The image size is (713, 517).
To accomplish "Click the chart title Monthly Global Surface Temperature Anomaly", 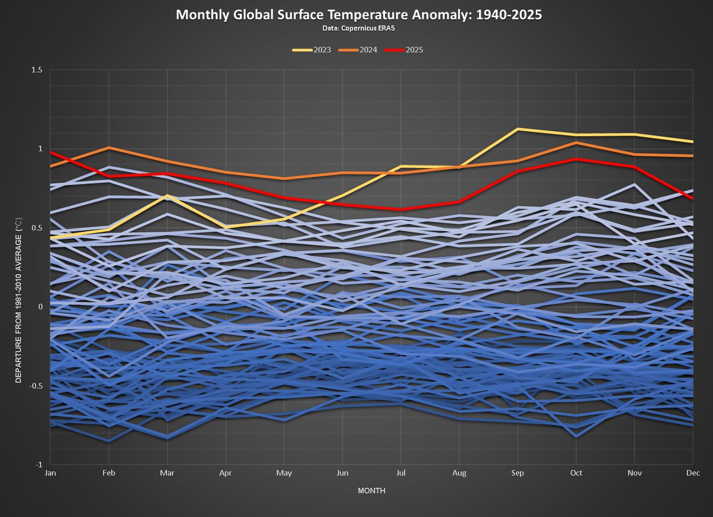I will (359, 14).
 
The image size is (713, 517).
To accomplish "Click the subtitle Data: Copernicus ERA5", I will (359, 27).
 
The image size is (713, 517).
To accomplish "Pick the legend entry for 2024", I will (359, 50).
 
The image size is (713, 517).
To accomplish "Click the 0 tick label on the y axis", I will (40, 306).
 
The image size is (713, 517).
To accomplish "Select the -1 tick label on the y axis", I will (39, 464).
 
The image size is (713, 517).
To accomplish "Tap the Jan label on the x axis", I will (50, 473).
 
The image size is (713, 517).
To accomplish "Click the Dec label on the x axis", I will (693, 473).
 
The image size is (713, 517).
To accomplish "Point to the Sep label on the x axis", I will (518, 473).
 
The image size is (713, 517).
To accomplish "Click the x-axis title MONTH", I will (371, 491).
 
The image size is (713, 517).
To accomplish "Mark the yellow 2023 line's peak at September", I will (518, 129).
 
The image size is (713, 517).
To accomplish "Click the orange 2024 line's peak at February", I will (109, 147).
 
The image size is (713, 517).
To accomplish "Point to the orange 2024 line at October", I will (576, 142).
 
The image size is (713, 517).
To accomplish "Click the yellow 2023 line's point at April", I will (226, 227).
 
